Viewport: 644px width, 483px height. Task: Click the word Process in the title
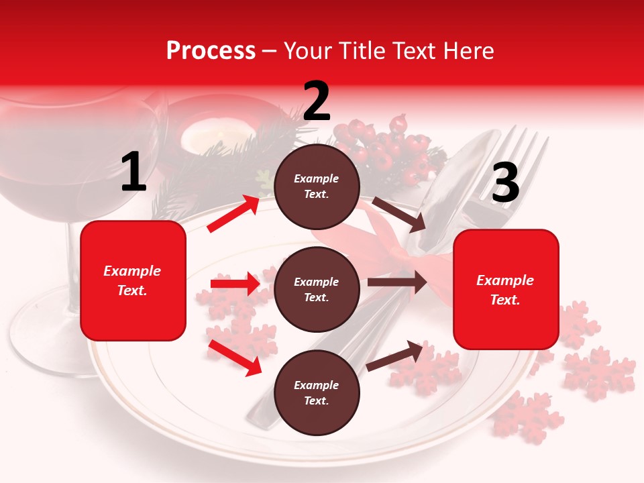point(211,50)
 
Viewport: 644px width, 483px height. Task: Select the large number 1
point(133,172)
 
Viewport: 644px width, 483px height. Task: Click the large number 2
point(317,101)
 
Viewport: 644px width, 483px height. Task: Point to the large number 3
point(505,183)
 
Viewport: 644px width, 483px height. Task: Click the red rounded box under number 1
point(133,280)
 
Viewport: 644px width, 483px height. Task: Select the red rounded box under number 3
point(506,289)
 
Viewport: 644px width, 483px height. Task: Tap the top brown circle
point(317,186)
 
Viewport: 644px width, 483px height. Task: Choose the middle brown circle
point(317,289)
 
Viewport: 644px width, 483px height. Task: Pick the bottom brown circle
point(317,392)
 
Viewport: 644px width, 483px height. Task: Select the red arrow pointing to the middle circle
point(235,284)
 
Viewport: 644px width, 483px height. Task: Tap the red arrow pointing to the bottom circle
point(235,358)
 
